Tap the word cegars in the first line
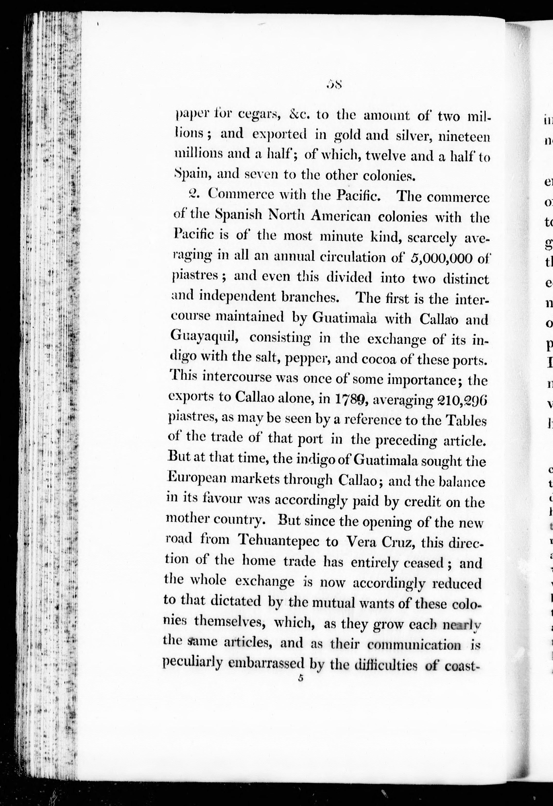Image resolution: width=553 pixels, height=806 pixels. [x=260, y=115]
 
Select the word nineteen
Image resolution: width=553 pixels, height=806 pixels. [x=464, y=136]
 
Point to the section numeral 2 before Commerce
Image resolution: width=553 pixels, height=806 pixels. [x=192, y=193]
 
